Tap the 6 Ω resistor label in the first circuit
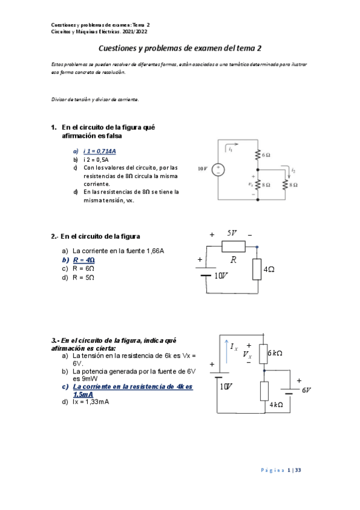tap(266, 155)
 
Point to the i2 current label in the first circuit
tap(293, 171)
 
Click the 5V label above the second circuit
tap(232, 233)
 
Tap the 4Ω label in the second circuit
tap(269, 270)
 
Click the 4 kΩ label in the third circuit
tap(276, 405)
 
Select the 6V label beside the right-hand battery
tap(307, 390)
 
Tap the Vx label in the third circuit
tap(247, 355)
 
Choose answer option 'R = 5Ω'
tap(83, 278)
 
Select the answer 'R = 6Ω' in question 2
tap(83, 269)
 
